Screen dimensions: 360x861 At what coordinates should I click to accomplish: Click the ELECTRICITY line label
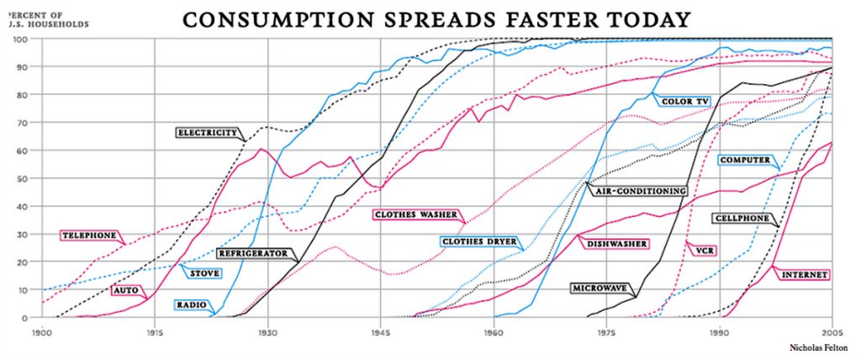[206, 132]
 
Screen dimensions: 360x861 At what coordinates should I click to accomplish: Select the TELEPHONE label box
[87, 235]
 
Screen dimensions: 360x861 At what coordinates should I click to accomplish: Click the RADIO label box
[189, 304]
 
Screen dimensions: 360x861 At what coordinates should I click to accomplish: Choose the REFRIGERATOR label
[253, 252]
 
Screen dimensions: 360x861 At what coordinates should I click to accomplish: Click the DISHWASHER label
[618, 244]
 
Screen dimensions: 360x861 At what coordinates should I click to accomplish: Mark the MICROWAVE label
[600, 288]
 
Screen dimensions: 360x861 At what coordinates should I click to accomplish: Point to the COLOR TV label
[685, 102]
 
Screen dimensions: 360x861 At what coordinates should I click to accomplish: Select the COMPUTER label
[744, 159]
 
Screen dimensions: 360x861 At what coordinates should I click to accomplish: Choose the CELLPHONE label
[741, 218]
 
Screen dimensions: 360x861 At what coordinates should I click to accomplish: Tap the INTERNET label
[805, 274]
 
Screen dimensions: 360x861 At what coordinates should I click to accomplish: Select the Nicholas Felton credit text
[817, 346]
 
